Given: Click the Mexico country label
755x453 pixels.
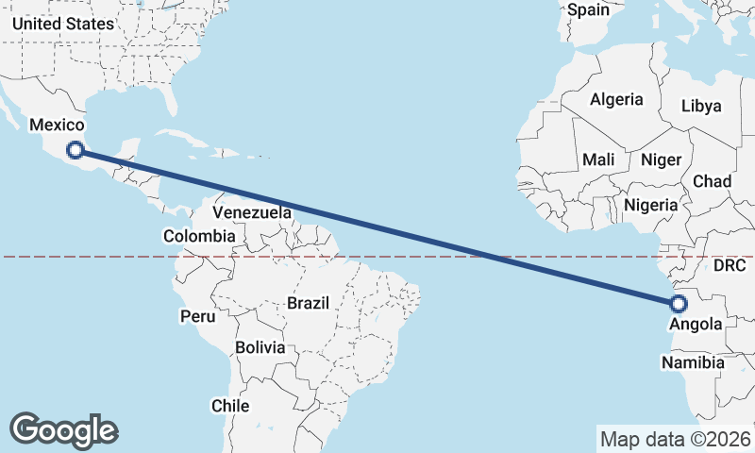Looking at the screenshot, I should [57, 125].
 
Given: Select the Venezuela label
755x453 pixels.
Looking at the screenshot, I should [252, 212].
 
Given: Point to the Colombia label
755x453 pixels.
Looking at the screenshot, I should [199, 236].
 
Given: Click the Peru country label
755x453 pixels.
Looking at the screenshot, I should [198, 316].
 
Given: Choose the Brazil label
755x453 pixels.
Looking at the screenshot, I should [308, 304].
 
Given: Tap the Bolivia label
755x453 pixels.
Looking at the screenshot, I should [260, 347].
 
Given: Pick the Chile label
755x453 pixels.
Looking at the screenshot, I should [230, 406].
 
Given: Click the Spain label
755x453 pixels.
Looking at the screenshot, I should [589, 10].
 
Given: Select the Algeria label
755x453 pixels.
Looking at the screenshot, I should [616, 99].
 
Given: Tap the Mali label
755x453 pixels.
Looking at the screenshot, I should [598, 159].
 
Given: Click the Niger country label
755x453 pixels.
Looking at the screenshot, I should [661, 159].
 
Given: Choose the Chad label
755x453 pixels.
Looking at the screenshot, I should [712, 181].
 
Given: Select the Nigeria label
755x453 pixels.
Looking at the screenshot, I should [651, 205].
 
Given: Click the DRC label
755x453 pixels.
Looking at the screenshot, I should [730, 266].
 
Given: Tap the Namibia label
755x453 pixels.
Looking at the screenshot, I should [693, 362].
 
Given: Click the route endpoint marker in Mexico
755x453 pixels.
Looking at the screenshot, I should [75, 148].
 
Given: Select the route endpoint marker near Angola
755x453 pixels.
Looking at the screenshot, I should [678, 304].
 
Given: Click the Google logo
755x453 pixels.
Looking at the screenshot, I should [63, 429].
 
